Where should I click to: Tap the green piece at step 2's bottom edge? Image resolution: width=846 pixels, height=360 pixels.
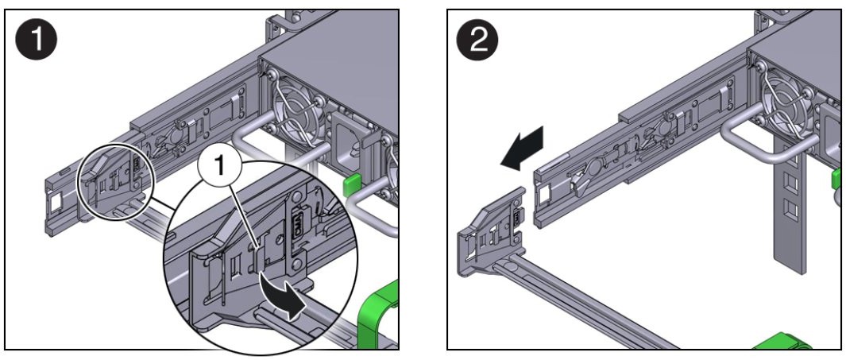pos(782,343)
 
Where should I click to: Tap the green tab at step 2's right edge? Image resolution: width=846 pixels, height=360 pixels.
pos(836,179)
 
